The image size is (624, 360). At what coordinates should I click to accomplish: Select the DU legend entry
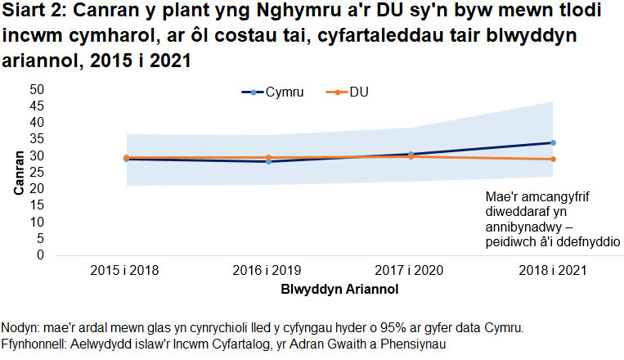point(358,92)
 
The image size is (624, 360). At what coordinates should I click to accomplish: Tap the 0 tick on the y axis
point(38,255)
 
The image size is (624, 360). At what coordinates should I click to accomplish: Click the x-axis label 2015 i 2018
point(125,269)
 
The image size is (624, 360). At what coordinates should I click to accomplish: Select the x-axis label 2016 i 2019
point(268,269)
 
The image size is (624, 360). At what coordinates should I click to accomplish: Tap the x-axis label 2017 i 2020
point(411,269)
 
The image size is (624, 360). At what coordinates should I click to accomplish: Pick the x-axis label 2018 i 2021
point(552,269)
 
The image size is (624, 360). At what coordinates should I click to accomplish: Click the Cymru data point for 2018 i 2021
point(553,142)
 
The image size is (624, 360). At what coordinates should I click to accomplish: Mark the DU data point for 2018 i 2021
point(553,159)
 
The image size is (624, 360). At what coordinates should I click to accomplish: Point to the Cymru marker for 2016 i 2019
point(268,161)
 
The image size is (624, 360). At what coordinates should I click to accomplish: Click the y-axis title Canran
point(18,172)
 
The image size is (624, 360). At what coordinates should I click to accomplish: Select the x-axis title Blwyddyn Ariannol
point(339,289)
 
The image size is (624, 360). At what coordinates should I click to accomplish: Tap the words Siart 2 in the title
point(34,15)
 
